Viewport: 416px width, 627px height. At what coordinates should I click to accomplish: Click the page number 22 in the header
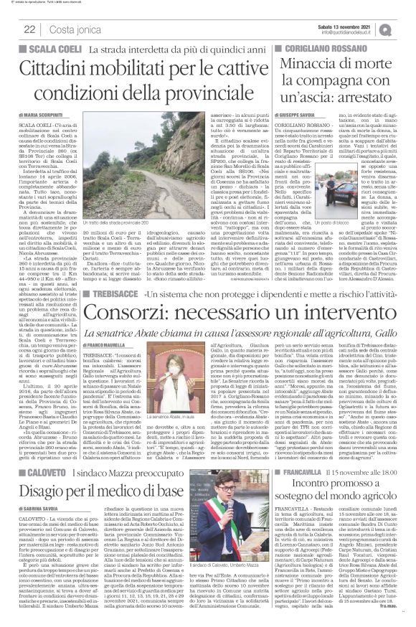[29, 28]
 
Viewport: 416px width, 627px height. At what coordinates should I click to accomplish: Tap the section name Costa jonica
[71, 28]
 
